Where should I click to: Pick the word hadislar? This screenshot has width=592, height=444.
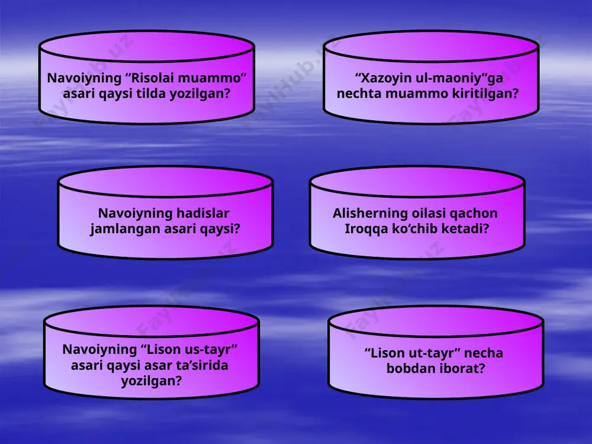203,213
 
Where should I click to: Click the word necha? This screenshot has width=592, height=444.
484,353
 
